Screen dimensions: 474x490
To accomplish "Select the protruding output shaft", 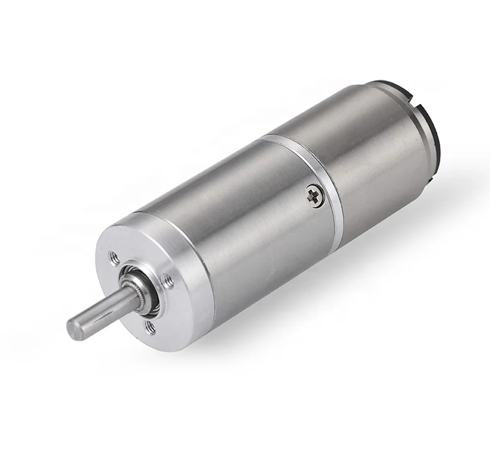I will click(98, 312).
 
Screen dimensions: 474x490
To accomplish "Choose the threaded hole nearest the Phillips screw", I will click(169, 282).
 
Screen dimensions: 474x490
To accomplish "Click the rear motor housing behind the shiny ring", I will click(367, 153).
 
